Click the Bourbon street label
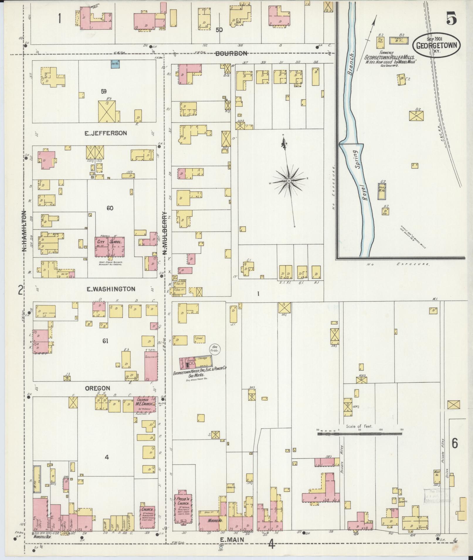tap(231, 53)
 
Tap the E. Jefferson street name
tap(106, 133)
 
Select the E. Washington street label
tap(111, 289)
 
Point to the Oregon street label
tap(97, 388)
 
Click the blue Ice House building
tap(115, 64)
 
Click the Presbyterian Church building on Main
tap(184, 509)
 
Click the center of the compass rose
tap(289, 181)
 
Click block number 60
tap(110, 208)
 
